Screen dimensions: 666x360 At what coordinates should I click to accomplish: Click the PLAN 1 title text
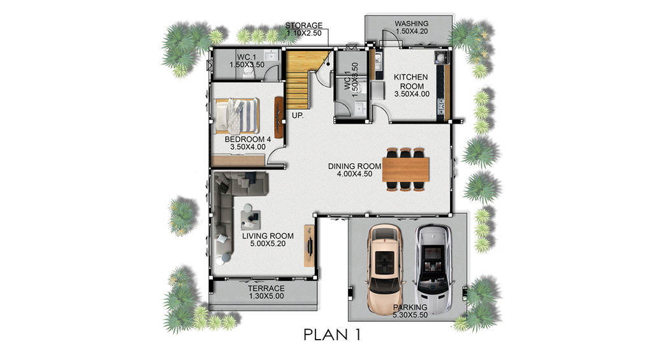[x=332, y=335]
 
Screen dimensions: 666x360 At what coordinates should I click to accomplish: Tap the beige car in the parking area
[x=385, y=269]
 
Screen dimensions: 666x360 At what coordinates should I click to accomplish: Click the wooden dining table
[x=405, y=169]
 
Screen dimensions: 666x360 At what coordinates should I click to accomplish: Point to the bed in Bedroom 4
[x=236, y=116]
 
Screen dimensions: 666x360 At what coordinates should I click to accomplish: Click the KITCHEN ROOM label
[x=410, y=82]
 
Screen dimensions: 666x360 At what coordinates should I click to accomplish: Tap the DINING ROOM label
[x=354, y=166]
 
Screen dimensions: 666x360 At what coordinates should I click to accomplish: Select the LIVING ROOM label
[x=268, y=236]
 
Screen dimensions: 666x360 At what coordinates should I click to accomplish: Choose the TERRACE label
[x=266, y=288]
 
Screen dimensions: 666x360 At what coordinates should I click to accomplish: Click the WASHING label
[x=412, y=24]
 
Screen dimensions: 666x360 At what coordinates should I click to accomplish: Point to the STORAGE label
[x=304, y=25]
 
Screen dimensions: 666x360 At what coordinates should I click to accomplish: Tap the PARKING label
[x=410, y=307]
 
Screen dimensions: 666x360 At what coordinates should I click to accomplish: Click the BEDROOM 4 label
[x=248, y=140]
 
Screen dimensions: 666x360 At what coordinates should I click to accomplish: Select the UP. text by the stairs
[x=298, y=115]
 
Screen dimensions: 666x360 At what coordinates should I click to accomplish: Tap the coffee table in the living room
[x=250, y=217]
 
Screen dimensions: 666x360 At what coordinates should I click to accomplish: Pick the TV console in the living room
[x=310, y=246]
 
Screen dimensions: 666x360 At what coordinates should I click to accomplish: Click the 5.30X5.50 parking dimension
[x=410, y=315]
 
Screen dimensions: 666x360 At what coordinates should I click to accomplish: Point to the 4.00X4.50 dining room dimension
[x=354, y=174]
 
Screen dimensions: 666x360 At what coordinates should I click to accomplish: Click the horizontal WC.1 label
[x=247, y=57]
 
